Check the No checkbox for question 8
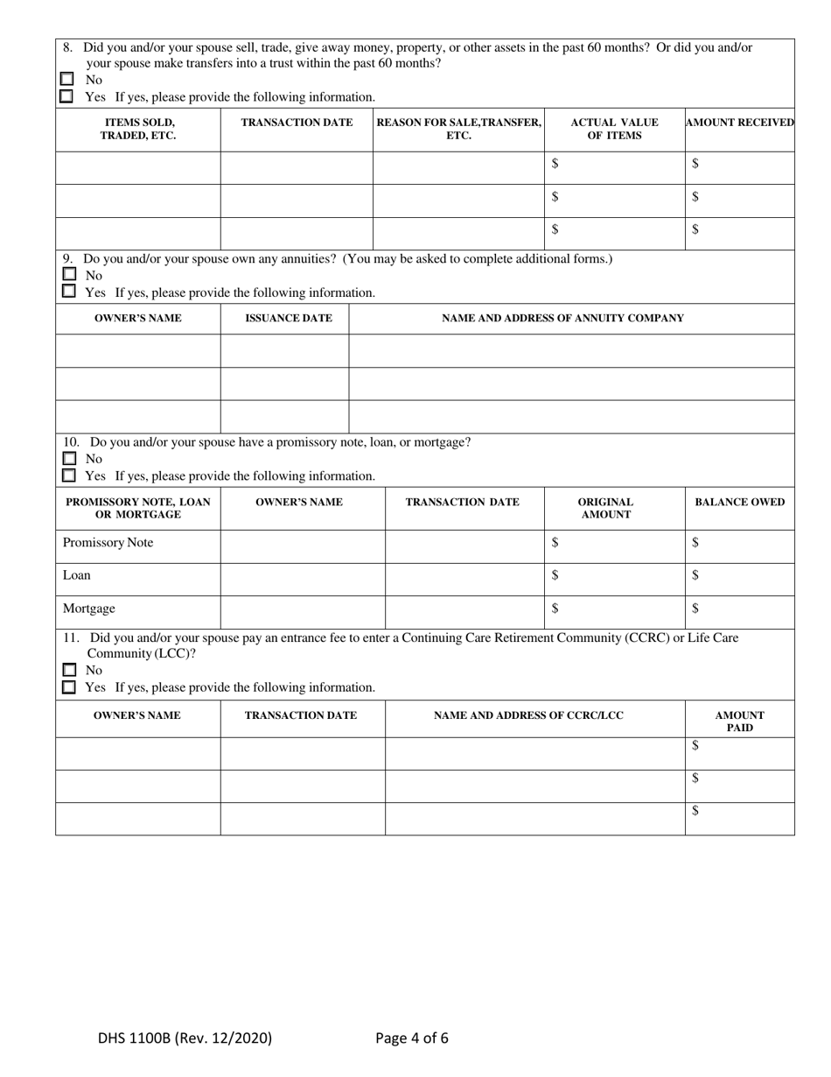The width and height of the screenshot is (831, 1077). click(x=67, y=79)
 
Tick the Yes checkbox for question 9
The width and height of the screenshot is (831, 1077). click(x=67, y=292)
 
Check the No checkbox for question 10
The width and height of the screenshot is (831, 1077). click(x=68, y=458)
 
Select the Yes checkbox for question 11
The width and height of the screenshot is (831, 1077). click(x=68, y=687)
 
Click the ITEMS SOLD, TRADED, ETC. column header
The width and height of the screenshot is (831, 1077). click(x=138, y=129)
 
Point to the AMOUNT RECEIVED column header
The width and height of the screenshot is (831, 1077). click(x=739, y=123)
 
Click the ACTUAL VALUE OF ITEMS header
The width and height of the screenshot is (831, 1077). click(x=614, y=129)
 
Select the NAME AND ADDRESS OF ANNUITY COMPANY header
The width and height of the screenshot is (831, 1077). click(x=562, y=318)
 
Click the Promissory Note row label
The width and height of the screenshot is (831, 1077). click(x=108, y=543)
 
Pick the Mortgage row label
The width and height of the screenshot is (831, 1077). click(x=88, y=609)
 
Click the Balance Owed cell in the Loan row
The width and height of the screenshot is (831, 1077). click(x=739, y=575)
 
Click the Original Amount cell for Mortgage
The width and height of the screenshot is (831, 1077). click(x=614, y=609)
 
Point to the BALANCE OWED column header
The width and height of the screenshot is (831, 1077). click(x=739, y=502)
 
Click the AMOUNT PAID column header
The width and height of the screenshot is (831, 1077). click(x=739, y=722)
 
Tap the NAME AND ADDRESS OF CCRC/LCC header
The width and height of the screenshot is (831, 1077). click(x=528, y=715)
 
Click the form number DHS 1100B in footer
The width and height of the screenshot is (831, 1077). click(x=185, y=1038)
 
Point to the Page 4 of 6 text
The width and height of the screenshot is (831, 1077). click(x=411, y=1038)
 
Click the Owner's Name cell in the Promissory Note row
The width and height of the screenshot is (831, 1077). click(x=302, y=543)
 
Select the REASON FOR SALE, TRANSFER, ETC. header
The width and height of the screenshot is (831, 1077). click(x=458, y=129)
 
